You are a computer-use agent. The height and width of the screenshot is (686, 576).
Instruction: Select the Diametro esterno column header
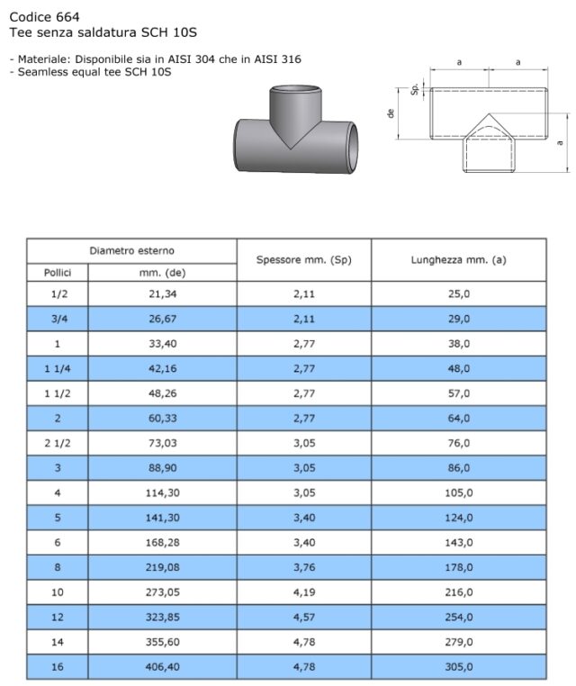pyautogui.click(x=131, y=250)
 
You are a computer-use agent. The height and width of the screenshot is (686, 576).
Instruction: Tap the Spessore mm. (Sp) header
pyautogui.click(x=303, y=259)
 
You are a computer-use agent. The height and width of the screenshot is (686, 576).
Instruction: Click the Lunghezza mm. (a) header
pyautogui.click(x=460, y=259)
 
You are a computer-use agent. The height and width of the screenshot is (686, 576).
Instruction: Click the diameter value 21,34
pyautogui.click(x=162, y=294)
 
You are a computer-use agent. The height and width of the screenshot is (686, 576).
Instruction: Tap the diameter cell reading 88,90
pyautogui.click(x=162, y=468)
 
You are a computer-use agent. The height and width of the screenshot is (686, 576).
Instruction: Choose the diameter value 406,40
pyautogui.click(x=162, y=667)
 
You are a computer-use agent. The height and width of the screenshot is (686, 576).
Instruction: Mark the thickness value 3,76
pyautogui.click(x=303, y=567)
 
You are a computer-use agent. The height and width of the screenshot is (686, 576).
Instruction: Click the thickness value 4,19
pyautogui.click(x=303, y=592)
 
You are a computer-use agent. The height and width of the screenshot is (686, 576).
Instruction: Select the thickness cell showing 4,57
pyautogui.click(x=303, y=618)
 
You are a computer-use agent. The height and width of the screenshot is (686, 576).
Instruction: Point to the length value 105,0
pyautogui.click(x=460, y=492)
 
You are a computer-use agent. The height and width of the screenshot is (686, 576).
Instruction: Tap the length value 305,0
pyautogui.click(x=460, y=667)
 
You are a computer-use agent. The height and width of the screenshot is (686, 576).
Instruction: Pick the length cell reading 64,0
pyautogui.click(x=460, y=419)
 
